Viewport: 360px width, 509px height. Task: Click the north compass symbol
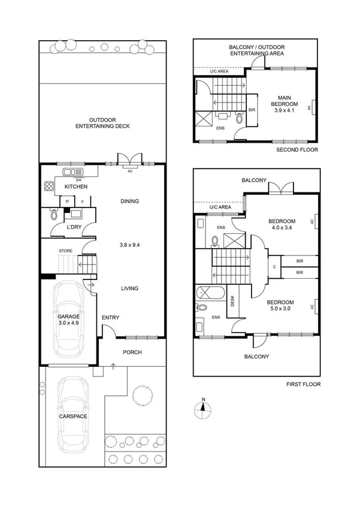(x=204, y=409)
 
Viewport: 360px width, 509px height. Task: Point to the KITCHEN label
(x=76, y=187)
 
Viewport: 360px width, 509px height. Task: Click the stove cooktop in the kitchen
(x=47, y=186)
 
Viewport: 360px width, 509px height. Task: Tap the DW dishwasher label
(x=78, y=179)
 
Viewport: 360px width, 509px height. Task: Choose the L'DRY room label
(x=74, y=227)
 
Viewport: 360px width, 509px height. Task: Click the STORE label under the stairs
(x=66, y=251)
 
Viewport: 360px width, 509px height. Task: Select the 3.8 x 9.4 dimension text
(x=129, y=245)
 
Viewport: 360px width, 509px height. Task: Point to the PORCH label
(x=132, y=352)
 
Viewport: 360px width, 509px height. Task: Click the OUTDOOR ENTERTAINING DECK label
(x=102, y=122)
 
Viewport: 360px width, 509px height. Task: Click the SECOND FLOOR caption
(x=298, y=150)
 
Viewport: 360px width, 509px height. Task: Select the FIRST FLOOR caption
(x=302, y=384)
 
